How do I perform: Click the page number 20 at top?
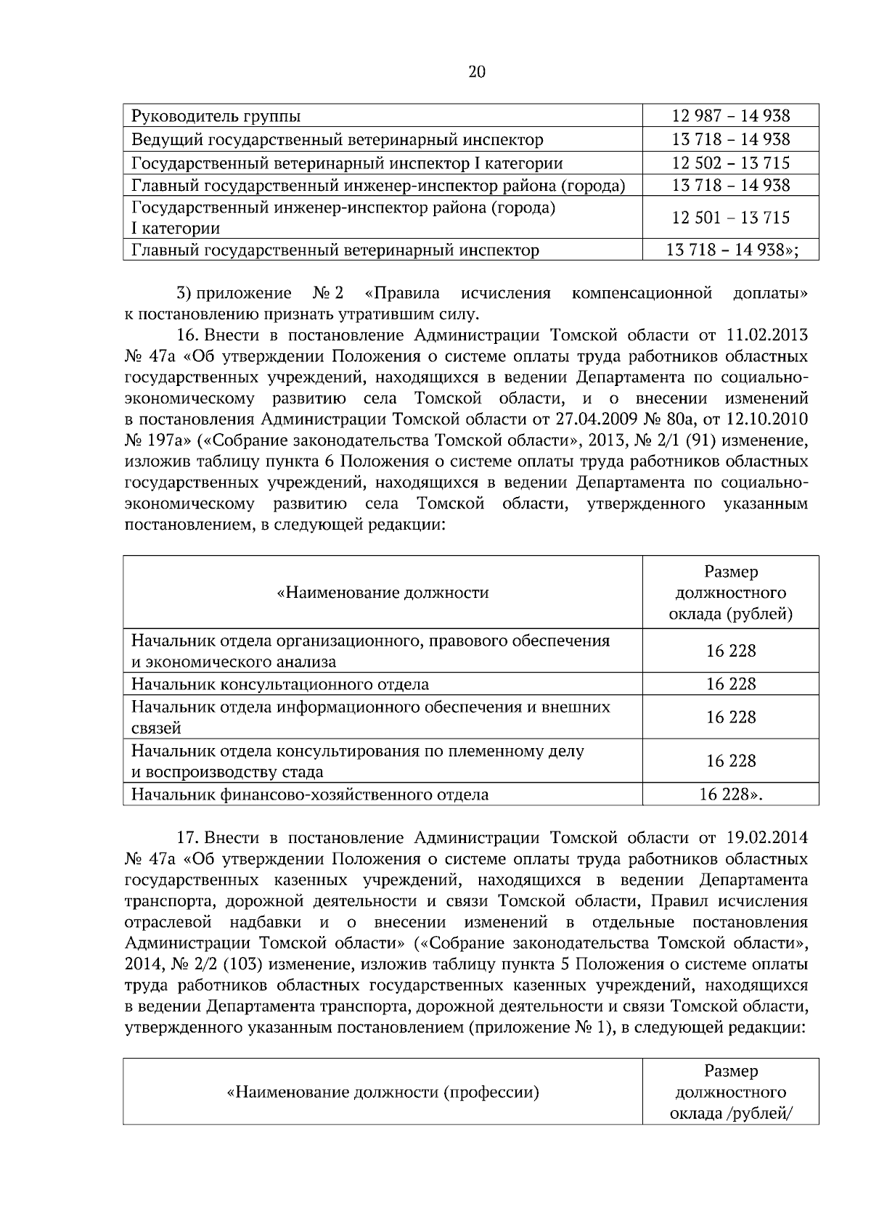point(477,72)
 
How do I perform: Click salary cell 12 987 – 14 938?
point(730,116)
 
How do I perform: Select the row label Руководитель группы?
point(216,116)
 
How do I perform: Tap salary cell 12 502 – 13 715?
point(730,163)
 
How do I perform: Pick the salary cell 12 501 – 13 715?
point(730,218)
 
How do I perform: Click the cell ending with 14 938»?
point(732,250)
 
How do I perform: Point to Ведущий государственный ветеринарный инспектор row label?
point(337,139)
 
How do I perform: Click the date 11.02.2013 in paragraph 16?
point(766,335)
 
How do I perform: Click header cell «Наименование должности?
point(383,593)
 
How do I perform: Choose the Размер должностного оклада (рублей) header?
point(730,593)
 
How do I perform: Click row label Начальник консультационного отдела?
point(279,684)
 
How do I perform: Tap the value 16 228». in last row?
point(730,794)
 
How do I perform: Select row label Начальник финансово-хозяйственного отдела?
point(309,794)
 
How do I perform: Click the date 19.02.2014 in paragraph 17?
point(766,838)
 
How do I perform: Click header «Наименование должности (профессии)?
point(383,1092)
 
